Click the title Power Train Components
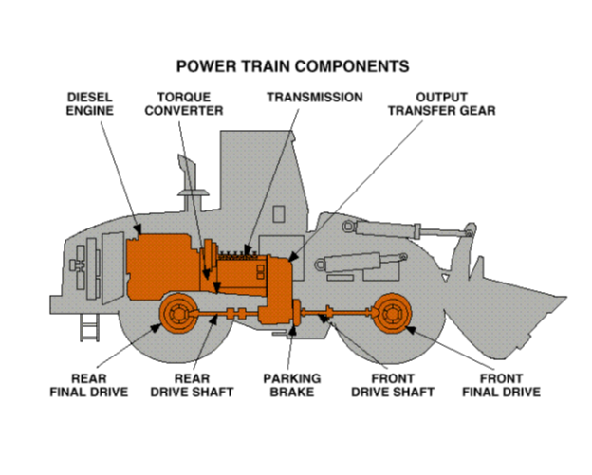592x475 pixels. pos(293,66)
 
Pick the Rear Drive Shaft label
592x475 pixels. pos(190,384)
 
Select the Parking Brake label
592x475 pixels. pos(291,384)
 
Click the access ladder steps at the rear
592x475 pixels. pos(88,327)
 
